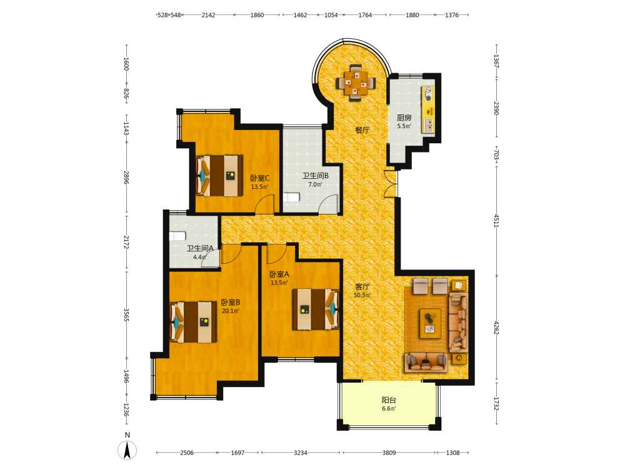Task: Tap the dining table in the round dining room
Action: (x=356, y=83)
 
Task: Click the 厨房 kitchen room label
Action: (x=404, y=118)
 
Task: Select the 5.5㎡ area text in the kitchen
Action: (x=404, y=126)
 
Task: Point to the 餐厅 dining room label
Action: (x=362, y=130)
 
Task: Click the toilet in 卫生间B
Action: (x=291, y=198)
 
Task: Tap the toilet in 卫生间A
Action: (x=177, y=236)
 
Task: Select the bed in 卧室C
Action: (x=219, y=176)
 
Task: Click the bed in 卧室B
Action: (x=194, y=322)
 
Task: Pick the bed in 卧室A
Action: (x=316, y=310)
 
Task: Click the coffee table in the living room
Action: (x=430, y=323)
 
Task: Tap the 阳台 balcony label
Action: (x=389, y=400)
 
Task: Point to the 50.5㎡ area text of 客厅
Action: (x=362, y=296)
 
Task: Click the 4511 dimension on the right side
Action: (x=497, y=221)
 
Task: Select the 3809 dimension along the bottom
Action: (x=389, y=453)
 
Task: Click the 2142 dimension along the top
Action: (x=208, y=15)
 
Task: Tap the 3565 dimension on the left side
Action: (x=126, y=315)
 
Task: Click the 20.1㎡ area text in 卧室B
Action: (x=231, y=311)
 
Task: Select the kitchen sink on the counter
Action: (x=429, y=125)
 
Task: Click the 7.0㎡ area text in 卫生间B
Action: (x=315, y=184)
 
